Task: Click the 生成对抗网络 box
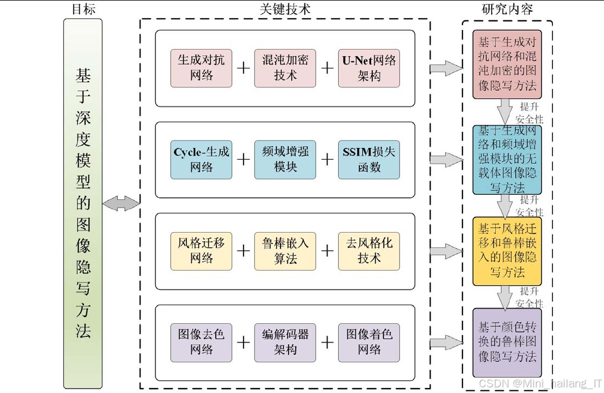(201, 68)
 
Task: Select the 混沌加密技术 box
(285, 68)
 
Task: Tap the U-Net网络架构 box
(369, 68)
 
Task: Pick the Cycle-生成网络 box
(201, 160)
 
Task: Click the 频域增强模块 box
(285, 160)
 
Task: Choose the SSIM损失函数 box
(369, 160)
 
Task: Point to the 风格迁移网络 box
(201, 251)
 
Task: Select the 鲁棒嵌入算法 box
(285, 251)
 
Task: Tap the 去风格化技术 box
(369, 251)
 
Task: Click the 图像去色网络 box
(201, 342)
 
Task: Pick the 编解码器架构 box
(285, 342)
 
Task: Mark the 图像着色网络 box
(369, 342)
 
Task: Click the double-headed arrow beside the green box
(121, 204)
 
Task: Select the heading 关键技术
(284, 9)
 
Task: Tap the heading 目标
(83, 9)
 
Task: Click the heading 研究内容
(507, 9)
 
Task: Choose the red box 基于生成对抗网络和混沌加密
(507, 64)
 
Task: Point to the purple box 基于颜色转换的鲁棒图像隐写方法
(507, 342)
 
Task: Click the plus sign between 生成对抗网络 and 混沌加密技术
(243, 68)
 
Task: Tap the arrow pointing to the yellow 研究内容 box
(446, 251)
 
